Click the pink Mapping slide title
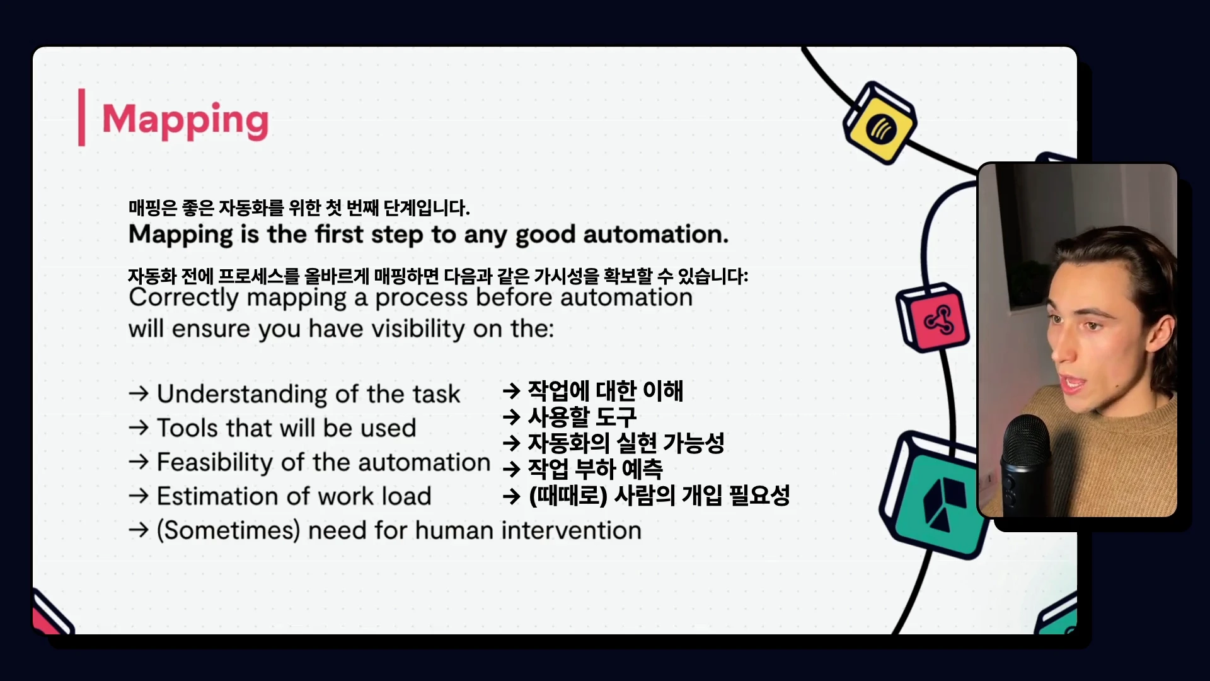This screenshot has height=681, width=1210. pyautogui.click(x=185, y=120)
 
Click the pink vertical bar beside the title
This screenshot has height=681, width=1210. pyautogui.click(x=81, y=117)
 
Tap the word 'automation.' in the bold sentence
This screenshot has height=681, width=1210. pyautogui.click(x=655, y=235)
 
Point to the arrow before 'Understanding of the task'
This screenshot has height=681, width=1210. pyautogui.click(x=139, y=393)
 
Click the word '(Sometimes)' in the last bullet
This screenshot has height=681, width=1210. pyautogui.click(x=228, y=531)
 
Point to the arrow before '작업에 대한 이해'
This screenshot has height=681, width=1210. pyautogui.click(x=511, y=391)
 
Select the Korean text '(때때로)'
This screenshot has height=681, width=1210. pyautogui.click(x=568, y=496)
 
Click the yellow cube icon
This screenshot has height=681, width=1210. pyautogui.click(x=880, y=123)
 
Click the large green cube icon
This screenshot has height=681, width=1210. pyautogui.click(x=935, y=496)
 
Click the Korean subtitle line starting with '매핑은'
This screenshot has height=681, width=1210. pyautogui.click(x=299, y=207)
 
